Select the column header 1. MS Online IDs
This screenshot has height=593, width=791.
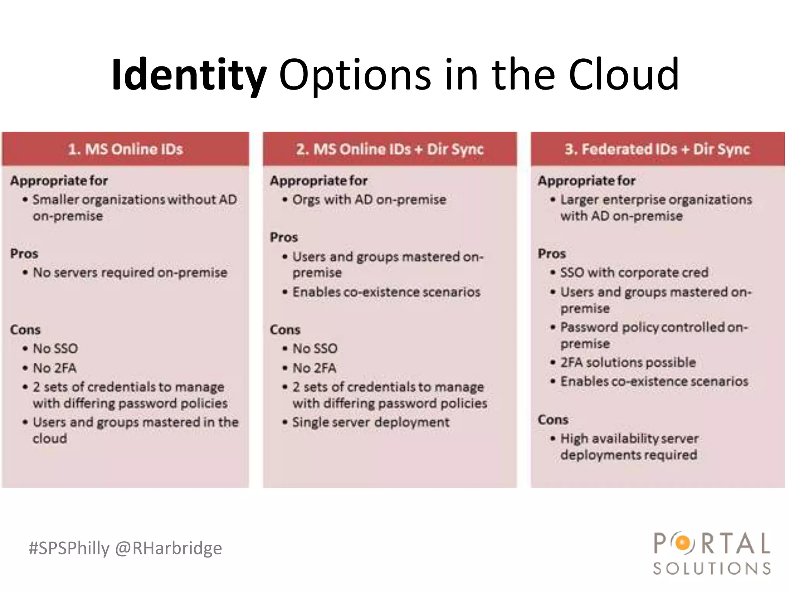coord(125,149)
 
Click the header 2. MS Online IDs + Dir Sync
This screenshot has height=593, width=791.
coord(389,149)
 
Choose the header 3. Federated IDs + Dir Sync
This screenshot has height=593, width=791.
coord(657,149)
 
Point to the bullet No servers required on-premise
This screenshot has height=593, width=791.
coord(130,273)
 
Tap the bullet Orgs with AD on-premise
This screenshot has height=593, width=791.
coord(369,200)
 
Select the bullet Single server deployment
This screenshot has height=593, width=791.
coord(371,422)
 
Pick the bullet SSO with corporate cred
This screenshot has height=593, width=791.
coord(634,273)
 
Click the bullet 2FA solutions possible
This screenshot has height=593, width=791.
coord(628,363)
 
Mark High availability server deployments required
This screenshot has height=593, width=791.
coord(630,447)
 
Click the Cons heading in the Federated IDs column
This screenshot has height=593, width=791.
coord(553,420)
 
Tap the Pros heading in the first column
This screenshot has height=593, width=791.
coord(24,254)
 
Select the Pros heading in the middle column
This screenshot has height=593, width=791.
coord(284,237)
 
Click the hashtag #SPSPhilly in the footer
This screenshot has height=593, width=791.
coord(69,548)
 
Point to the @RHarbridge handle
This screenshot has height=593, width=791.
coord(168,548)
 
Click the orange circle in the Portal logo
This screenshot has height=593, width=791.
coord(683,543)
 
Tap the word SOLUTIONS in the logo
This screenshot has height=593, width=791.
coord(712,568)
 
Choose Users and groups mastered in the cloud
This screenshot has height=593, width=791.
coord(135,430)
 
